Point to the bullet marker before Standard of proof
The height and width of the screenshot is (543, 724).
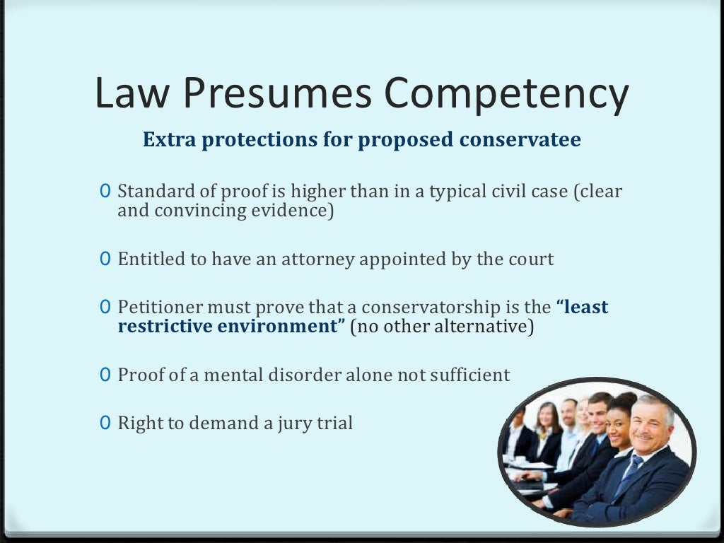(105, 192)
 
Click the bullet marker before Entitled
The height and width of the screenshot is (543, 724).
(105, 259)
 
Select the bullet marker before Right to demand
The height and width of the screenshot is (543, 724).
(105, 424)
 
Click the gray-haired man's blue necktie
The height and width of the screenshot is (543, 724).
(628, 474)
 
